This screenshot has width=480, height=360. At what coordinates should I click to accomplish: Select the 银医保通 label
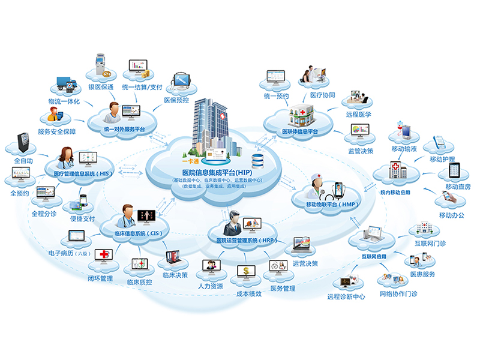pos(101,88)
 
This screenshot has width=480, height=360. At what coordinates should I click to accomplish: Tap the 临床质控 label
pos(140,281)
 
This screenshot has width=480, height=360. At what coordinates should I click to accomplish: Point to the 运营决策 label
pos(305,263)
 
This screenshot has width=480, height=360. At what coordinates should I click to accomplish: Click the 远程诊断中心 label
pos(346,296)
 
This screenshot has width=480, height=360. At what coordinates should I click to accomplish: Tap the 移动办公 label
pos(451,215)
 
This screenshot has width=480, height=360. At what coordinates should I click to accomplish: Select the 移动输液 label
pos(403,148)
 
